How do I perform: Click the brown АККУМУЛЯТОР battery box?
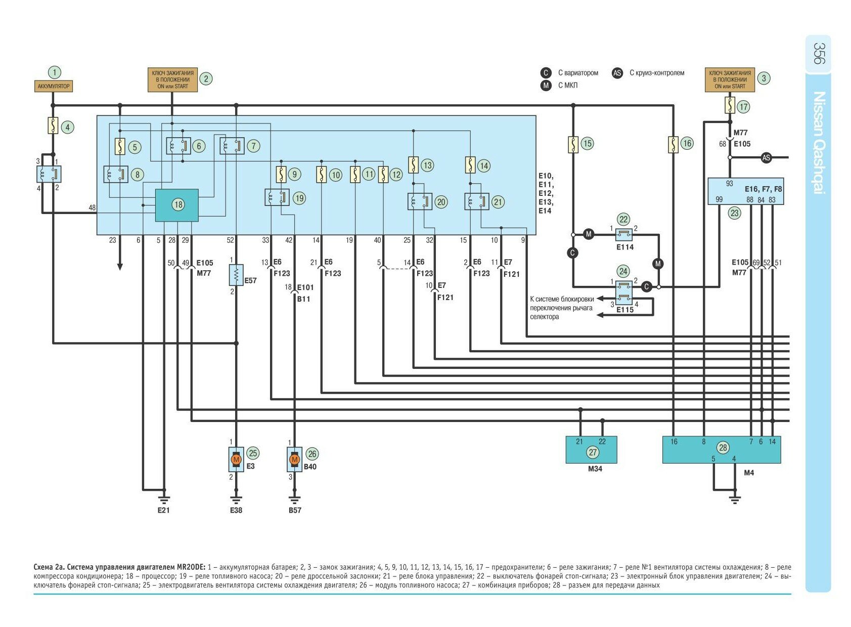coord(54,87)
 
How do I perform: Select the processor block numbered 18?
coord(176,205)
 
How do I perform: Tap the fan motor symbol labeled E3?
coord(236,459)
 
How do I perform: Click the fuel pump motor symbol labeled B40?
coord(294,459)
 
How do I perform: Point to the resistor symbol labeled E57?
coord(236,275)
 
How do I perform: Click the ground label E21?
coord(163,510)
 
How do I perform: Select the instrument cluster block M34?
coord(591,450)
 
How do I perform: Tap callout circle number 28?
coord(723,447)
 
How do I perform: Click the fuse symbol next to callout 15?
coord(573,145)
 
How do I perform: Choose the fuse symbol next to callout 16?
coord(673,145)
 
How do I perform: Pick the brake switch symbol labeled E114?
coord(624,234)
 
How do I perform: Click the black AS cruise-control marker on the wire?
coord(766,158)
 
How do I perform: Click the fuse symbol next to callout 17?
coord(729,106)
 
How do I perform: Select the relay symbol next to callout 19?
coord(277,197)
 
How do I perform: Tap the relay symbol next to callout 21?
coord(476,201)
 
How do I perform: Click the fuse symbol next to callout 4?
coord(53,126)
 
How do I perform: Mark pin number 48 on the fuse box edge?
coord(92,208)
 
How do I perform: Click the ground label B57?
coord(295,510)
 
